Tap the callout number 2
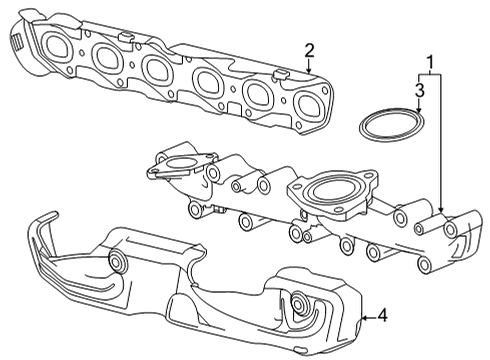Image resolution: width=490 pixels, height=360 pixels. (x=310, y=50)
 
